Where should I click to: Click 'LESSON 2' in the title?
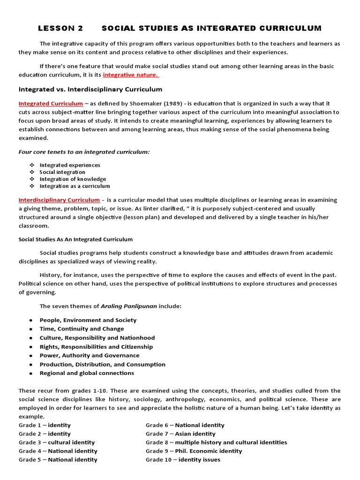pyautogui.click(x=60, y=28)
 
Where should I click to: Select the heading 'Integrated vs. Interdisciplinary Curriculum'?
pyautogui.click(x=90, y=89)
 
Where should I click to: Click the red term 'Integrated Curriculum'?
pyautogui.click(x=51, y=103)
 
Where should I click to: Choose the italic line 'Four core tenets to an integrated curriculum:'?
pyautogui.click(x=84, y=151)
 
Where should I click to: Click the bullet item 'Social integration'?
pyautogui.click(x=62, y=172)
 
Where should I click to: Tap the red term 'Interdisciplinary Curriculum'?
pyautogui.click(x=59, y=200)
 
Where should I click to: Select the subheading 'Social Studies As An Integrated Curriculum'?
pyautogui.click(x=75, y=239)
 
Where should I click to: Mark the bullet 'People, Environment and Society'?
pyautogui.click(x=88, y=320)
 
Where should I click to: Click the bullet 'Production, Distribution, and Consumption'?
pyautogui.click(x=102, y=364)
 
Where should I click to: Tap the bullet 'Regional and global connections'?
pyautogui.click(x=87, y=373)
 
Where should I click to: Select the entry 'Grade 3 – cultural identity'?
pyautogui.click(x=57, y=442)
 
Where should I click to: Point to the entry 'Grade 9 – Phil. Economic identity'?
pyautogui.click(x=194, y=451)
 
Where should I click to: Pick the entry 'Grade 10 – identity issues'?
pyautogui.click(x=183, y=459)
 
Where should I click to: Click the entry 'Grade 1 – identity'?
pyautogui.click(x=45, y=425)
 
